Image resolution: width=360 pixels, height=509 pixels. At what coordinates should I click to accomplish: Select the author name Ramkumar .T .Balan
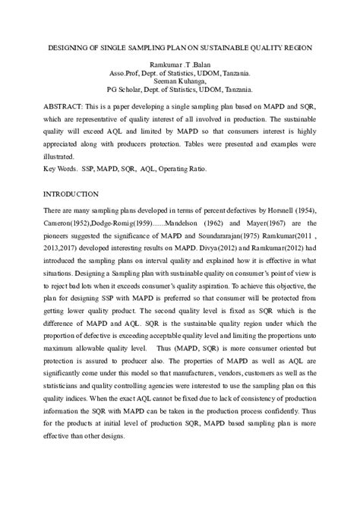(x=179, y=67)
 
